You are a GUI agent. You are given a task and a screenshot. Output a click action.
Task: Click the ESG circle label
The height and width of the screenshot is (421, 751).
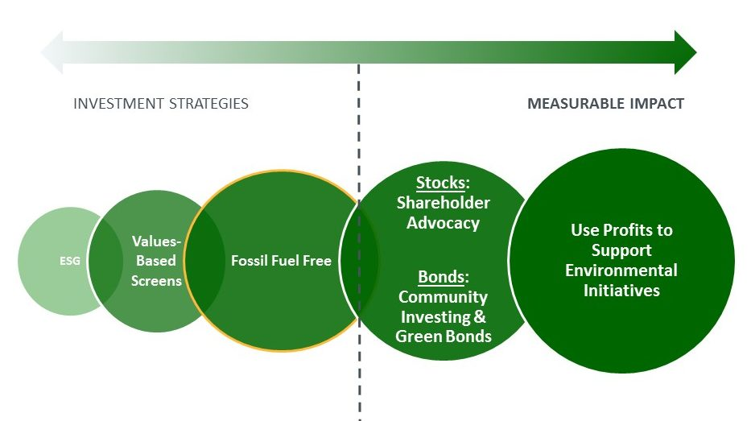point(70,261)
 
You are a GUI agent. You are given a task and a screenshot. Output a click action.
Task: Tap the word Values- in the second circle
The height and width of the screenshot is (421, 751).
point(157,241)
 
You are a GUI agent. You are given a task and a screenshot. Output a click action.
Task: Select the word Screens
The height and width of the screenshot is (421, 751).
point(157,281)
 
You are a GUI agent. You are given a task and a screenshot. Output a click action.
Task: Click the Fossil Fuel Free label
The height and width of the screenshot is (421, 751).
point(281,261)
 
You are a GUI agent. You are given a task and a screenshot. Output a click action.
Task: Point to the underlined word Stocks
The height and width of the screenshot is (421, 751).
point(440,183)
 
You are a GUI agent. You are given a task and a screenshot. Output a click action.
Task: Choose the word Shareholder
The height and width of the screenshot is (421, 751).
point(443,203)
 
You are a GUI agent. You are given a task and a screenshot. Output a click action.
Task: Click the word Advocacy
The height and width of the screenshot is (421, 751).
point(443,223)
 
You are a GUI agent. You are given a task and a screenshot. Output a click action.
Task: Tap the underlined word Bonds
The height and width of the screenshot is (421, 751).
point(441,277)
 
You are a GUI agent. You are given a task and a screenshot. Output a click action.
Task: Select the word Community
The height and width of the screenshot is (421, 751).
point(443,297)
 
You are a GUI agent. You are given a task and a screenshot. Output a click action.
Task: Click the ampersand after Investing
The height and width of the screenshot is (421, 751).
point(480,316)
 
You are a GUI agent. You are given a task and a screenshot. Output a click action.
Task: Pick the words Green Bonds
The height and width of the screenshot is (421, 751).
point(444,336)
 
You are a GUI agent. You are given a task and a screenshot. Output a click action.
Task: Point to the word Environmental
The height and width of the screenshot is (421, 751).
point(621,270)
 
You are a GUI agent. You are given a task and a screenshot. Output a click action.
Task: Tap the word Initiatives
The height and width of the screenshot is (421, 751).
point(621,291)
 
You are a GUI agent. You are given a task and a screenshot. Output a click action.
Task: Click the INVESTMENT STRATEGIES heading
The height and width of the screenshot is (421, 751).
point(161,104)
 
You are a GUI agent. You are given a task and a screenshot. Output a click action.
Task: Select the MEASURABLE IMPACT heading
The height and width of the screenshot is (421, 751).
point(606,104)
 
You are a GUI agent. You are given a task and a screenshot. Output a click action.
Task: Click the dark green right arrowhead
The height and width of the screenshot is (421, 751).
point(685,52)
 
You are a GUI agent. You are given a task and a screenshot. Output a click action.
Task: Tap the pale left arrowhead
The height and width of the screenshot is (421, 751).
point(52,52)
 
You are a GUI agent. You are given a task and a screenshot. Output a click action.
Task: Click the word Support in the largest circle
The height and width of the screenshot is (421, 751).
point(621,250)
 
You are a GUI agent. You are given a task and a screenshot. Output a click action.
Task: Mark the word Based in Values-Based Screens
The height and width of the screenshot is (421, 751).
point(156,261)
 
